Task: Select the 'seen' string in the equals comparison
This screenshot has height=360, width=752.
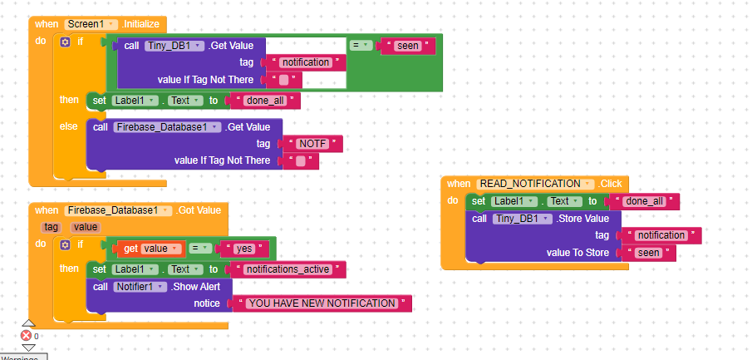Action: [x=408, y=45]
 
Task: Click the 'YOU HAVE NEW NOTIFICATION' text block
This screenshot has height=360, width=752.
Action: [x=322, y=303]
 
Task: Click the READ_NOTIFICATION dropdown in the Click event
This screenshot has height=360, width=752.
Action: [x=536, y=184]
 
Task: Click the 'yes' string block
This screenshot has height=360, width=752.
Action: [x=243, y=249]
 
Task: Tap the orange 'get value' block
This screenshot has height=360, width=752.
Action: [x=145, y=249]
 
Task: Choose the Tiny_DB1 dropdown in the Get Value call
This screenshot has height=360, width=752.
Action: [x=174, y=46]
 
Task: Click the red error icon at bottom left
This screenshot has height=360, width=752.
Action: [x=26, y=336]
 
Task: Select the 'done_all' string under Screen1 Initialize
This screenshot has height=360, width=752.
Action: [x=266, y=101]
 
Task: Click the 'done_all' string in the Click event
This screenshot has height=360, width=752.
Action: [x=645, y=201]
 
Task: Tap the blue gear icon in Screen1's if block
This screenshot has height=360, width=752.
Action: [x=66, y=42]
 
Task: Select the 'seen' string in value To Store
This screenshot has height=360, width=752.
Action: [x=648, y=253]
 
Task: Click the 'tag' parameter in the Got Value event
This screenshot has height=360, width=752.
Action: [x=52, y=226]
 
